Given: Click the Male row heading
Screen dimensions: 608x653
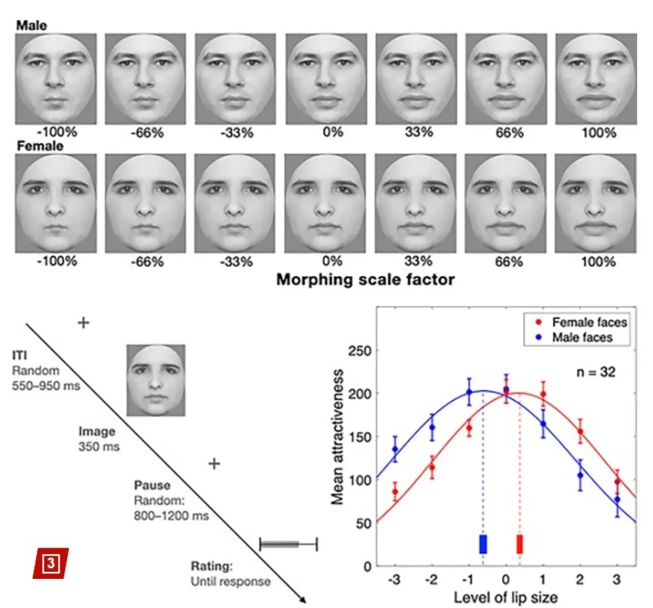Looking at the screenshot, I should point(31,26).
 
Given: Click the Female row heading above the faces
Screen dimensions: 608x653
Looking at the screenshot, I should point(40,147).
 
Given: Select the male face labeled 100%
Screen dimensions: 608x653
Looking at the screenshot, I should point(596,79).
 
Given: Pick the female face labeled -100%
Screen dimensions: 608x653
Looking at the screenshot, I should point(56,204).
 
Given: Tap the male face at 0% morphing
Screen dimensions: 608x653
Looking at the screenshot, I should point(326,79).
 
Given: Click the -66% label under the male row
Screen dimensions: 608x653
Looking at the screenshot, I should point(147,133).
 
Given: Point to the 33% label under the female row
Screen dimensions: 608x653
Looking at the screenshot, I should point(418,262).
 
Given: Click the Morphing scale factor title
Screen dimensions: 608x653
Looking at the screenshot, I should point(365,280).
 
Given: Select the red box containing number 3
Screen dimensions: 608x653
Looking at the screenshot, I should point(51,563).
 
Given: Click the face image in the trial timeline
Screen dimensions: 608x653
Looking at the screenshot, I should point(156,380).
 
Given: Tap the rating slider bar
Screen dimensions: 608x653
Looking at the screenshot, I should point(288,544).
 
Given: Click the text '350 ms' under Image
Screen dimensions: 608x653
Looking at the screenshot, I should point(99,447).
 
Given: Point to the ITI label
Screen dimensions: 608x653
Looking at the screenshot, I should point(19,355).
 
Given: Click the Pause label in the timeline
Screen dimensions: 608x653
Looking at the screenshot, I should point(152,485).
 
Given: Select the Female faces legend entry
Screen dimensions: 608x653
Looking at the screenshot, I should point(582,323).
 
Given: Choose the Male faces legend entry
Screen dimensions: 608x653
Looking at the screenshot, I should point(575,337).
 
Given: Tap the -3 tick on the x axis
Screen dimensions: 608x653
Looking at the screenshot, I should point(394,580).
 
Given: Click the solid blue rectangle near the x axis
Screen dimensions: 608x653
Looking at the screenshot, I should point(483,544).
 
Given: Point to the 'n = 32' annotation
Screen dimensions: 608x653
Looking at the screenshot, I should point(596,372).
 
